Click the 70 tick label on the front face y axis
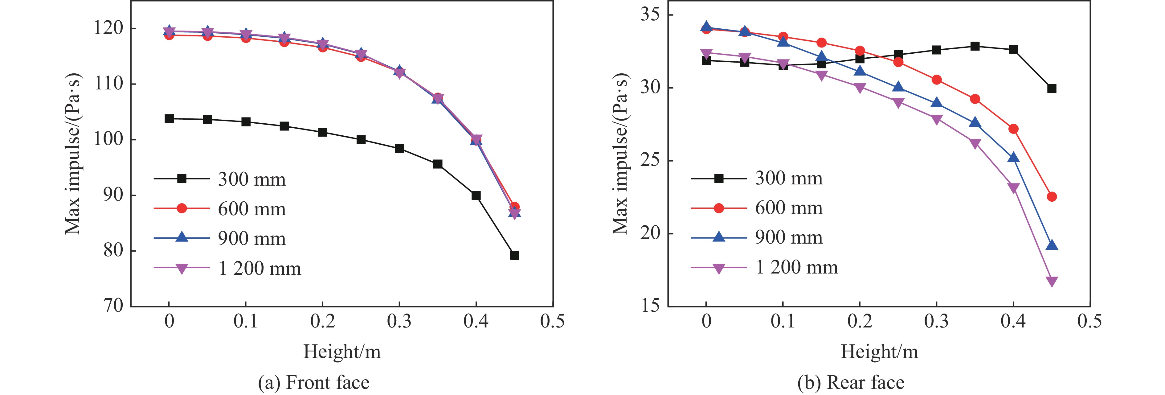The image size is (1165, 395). [x=113, y=306]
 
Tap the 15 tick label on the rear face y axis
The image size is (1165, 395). [x=650, y=306]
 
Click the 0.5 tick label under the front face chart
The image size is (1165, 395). [x=552, y=321]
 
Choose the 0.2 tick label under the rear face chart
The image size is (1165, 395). [x=859, y=321]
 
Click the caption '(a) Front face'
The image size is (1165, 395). [x=313, y=383]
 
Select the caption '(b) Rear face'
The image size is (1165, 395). [x=851, y=383]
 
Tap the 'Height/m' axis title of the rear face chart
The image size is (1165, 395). [x=879, y=352]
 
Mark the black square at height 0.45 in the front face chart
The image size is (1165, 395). [x=514, y=256]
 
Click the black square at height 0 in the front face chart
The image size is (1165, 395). [x=169, y=118]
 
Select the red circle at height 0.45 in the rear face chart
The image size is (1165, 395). [x=1052, y=197]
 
